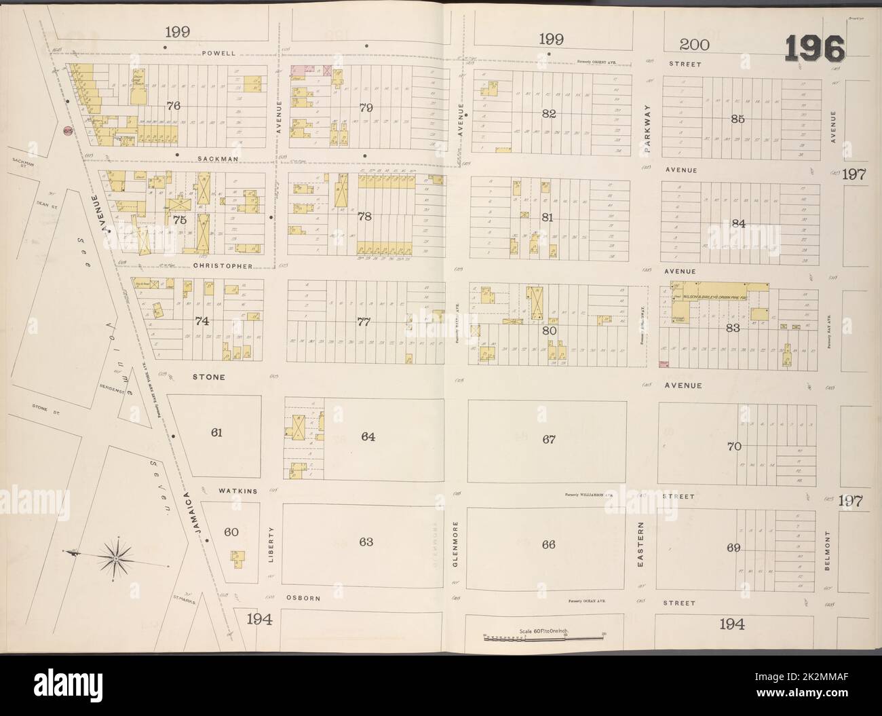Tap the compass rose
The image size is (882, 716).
pos(116,558)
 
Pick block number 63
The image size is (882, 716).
pos(366,542)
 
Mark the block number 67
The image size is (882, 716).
pos(549,439)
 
